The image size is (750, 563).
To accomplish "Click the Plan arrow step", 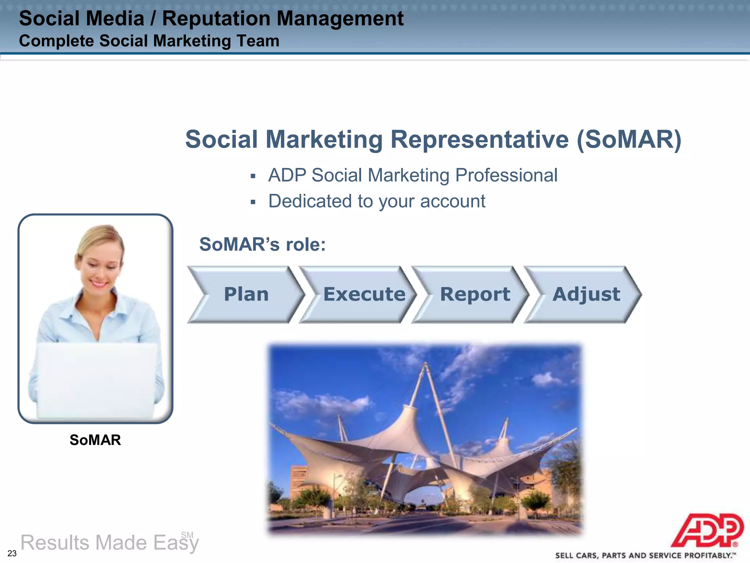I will pos(246,294).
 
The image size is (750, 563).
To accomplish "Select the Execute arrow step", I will pos(364,294).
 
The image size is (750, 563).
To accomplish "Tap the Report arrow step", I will pos(475,294).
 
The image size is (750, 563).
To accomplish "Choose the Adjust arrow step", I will pos(586,294).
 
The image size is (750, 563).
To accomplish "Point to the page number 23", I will pos(12,553).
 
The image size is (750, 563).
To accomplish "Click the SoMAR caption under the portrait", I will pos(95,440).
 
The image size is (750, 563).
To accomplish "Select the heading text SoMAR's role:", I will pos(262,244).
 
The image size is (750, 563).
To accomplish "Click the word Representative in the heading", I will pos(480,140).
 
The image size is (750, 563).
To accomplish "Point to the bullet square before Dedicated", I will pos(253,202).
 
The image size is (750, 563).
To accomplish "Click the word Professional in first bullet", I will pos(506,175).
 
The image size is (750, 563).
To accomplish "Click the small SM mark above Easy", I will pos(187,535).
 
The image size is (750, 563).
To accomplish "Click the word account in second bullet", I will pos(453,201).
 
